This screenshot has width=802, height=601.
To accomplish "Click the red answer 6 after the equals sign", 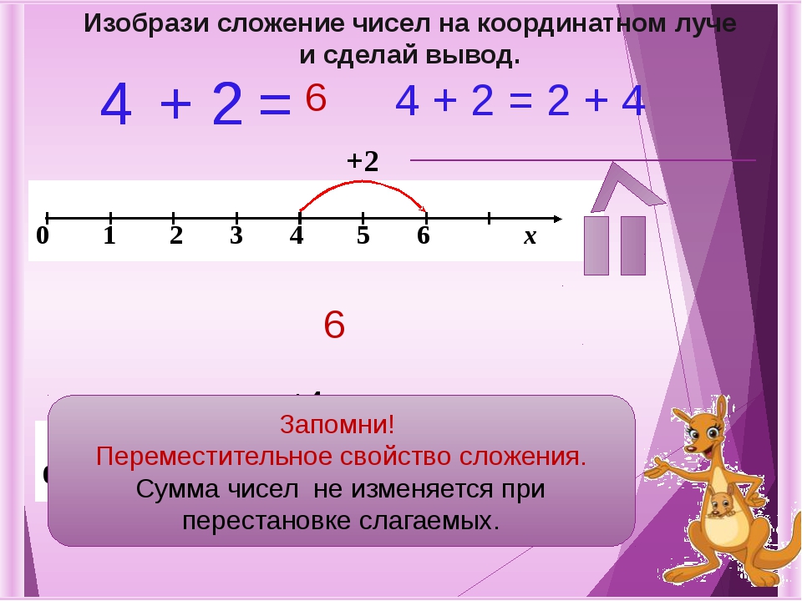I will pyautogui.click(x=315, y=98).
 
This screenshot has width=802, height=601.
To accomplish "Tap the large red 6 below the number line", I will pyautogui.click(x=334, y=326).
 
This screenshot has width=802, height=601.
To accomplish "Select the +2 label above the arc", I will pyautogui.click(x=363, y=161).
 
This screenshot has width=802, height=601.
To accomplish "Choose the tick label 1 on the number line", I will pyautogui.click(x=109, y=237).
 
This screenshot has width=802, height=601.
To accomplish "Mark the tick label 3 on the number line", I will pyautogui.click(x=236, y=237).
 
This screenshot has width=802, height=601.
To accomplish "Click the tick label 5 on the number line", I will pyautogui.click(x=363, y=237).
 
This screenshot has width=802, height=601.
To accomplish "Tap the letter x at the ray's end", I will pyautogui.click(x=530, y=237).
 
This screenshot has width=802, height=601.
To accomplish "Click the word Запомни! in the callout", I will pyautogui.click(x=338, y=424).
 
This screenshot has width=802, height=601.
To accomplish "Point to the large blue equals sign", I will pyautogui.click(x=276, y=105).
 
